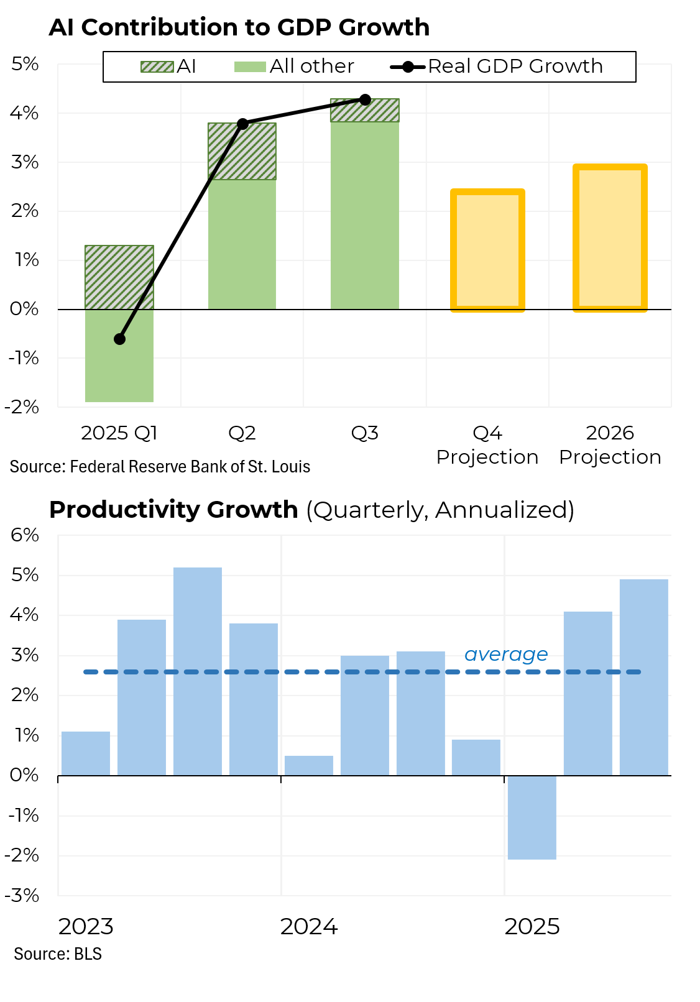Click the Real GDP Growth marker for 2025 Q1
click(x=119, y=339)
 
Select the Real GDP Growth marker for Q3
click(x=366, y=100)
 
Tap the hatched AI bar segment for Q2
click(x=242, y=152)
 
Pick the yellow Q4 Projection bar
click(x=487, y=250)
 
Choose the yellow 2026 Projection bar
click(x=610, y=237)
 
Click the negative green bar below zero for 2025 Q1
click(x=119, y=356)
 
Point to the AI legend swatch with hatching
click(x=157, y=67)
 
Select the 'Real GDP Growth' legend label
click(x=515, y=67)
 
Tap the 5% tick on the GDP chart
click(x=25, y=64)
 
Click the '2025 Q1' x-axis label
click(x=119, y=433)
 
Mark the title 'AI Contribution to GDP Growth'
click(x=239, y=27)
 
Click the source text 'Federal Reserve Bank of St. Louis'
click(x=190, y=467)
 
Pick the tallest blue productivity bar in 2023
click(x=198, y=671)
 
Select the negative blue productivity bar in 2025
click(x=532, y=817)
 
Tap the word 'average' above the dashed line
click(x=506, y=654)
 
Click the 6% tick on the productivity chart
click(x=25, y=535)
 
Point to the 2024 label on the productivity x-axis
click(x=309, y=927)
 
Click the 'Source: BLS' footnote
click(x=58, y=954)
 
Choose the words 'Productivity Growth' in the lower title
click(x=173, y=510)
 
